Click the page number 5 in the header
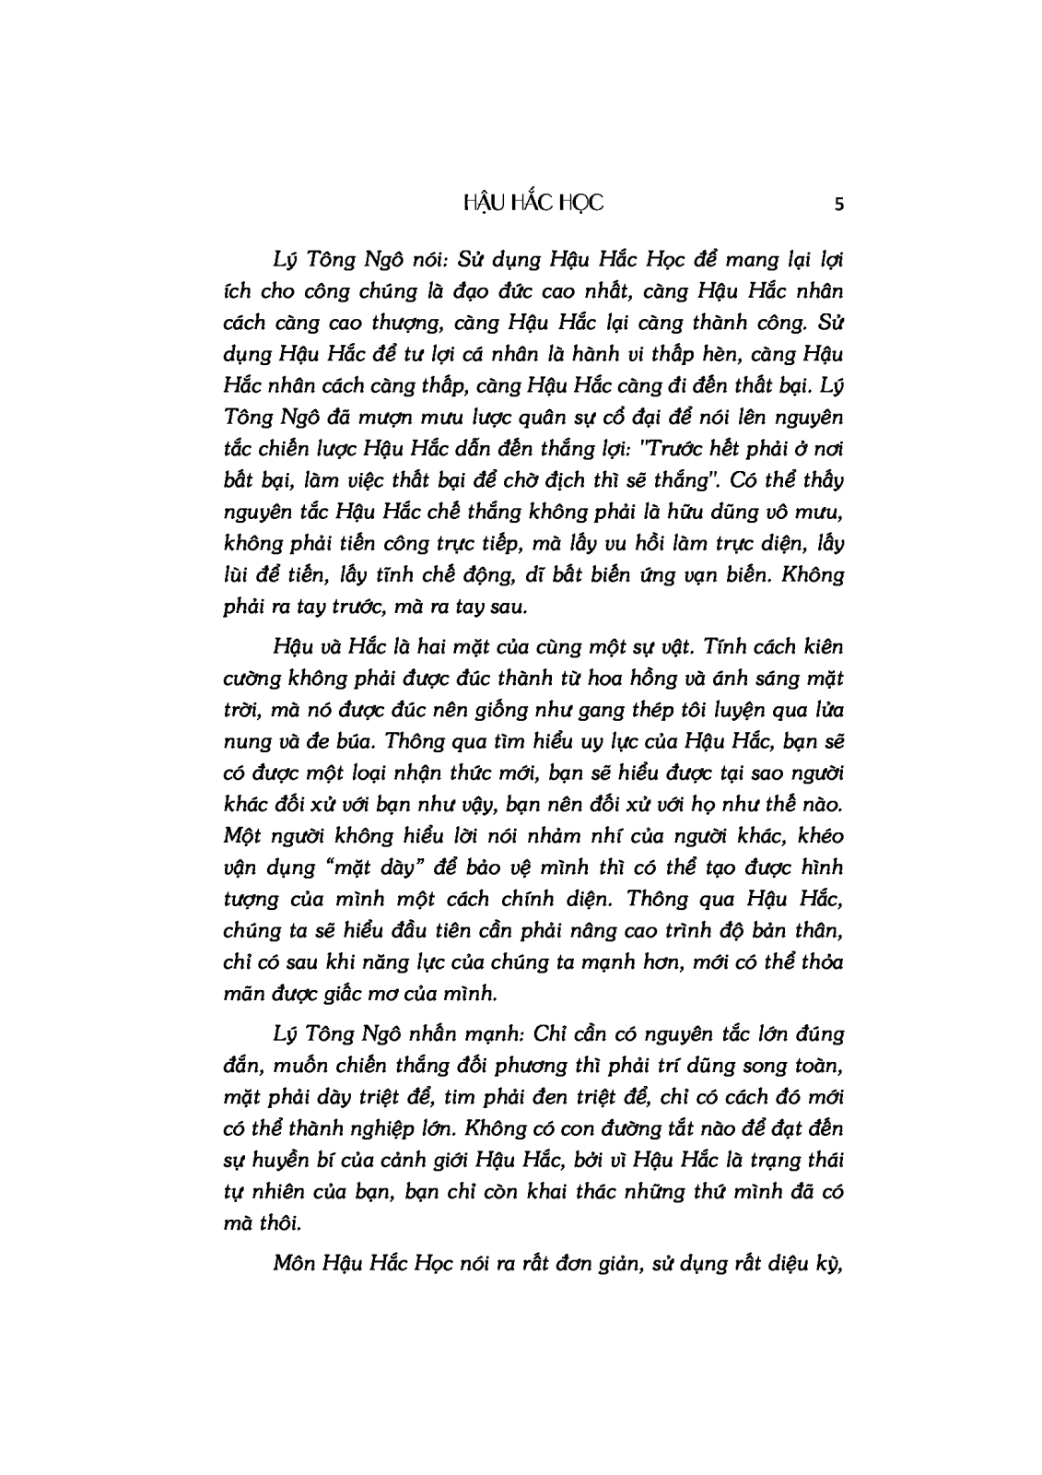pyautogui.click(x=837, y=205)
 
